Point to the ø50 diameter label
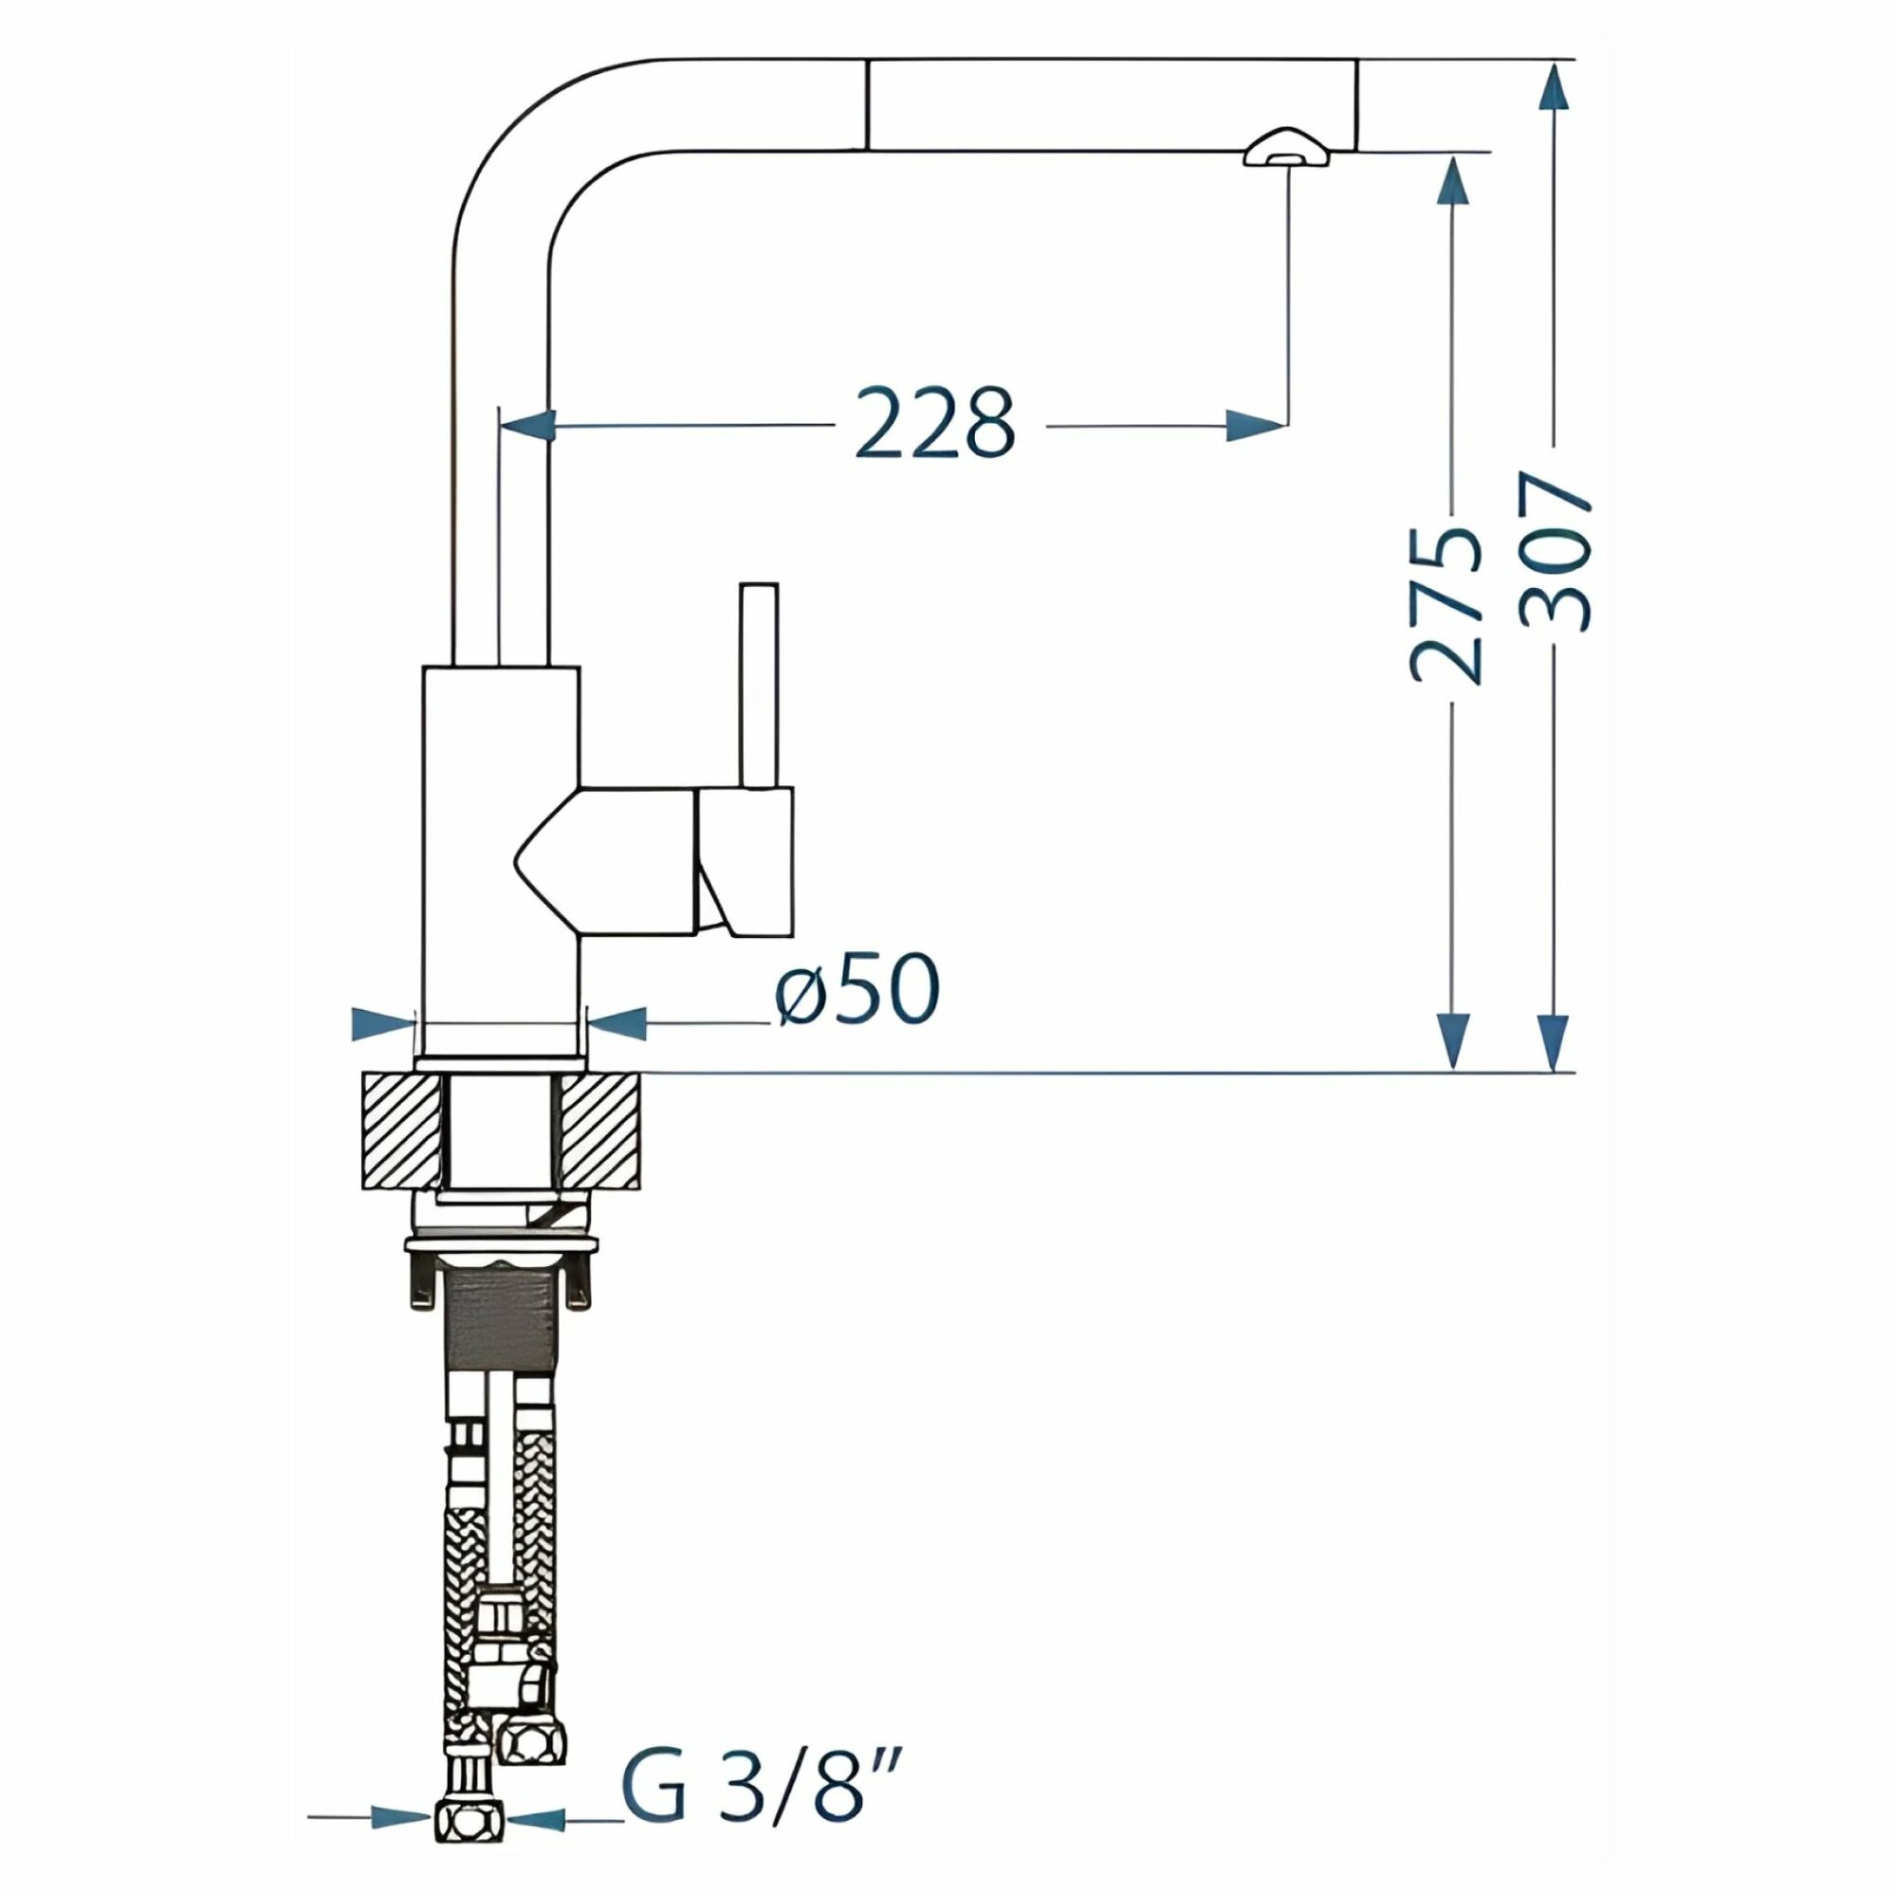point(857,991)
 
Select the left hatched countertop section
point(401,1132)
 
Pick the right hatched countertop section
point(602,1132)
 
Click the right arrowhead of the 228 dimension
point(1256,425)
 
